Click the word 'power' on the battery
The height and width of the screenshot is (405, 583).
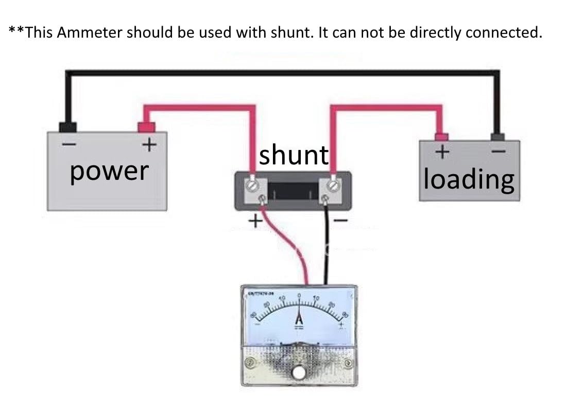109,172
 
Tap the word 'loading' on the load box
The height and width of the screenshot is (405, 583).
469,179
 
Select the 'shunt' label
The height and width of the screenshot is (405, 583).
293,155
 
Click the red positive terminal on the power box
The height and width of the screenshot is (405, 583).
146,127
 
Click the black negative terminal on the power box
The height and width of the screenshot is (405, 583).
68,127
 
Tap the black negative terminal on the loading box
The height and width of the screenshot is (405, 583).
498,137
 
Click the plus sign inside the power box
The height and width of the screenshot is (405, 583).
149,145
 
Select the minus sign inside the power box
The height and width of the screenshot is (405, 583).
68,145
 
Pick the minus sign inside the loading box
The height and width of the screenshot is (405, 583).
499,152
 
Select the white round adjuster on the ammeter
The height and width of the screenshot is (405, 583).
298,372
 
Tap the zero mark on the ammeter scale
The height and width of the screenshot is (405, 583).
299,297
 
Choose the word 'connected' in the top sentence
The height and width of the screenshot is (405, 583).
503,32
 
